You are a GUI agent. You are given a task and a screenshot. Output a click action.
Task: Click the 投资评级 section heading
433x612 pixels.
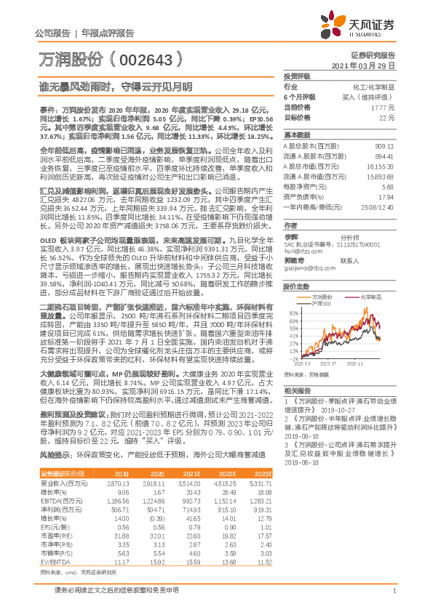tap(297, 75)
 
